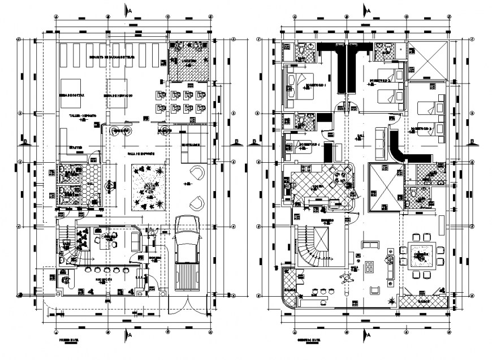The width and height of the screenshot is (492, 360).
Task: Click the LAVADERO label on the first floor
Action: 189,60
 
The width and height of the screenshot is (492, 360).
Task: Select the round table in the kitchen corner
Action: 341,177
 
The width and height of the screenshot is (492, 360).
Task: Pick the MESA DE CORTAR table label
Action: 72,96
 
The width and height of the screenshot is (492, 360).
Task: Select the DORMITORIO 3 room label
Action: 422,129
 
